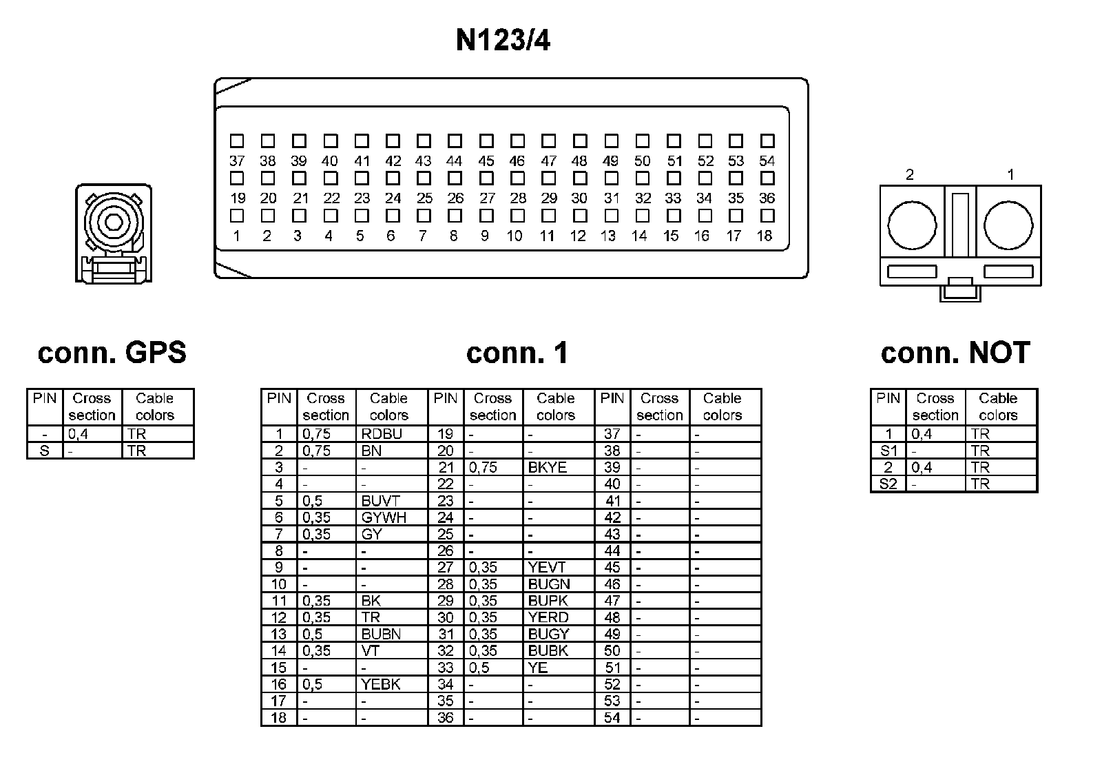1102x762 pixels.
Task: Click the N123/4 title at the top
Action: click(503, 41)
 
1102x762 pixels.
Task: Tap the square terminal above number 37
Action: click(237, 141)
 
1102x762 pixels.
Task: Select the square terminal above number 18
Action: click(767, 216)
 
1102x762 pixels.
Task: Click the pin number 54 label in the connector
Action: click(767, 161)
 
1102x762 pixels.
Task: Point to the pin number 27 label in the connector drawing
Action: click(487, 198)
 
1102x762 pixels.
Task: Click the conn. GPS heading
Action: click(112, 353)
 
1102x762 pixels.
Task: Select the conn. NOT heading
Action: click(955, 353)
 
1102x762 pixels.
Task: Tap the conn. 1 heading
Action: click(517, 353)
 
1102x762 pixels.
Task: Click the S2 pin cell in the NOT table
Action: click(888, 484)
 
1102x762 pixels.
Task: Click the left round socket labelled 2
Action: click(912, 225)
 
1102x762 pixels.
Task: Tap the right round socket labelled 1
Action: click(1008, 225)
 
